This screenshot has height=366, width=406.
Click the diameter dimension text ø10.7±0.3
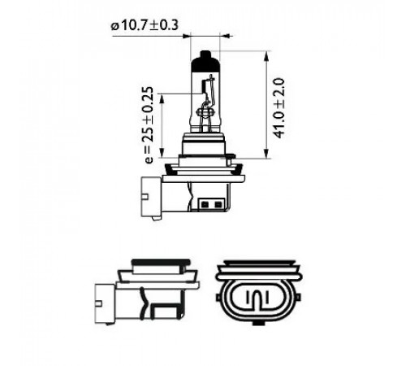(x=145, y=26)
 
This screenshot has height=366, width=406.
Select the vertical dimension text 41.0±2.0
(x=279, y=108)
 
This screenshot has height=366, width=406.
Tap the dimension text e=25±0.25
(x=149, y=125)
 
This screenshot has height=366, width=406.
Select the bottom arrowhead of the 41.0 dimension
(x=267, y=153)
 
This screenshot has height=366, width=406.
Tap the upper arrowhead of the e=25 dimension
(x=162, y=98)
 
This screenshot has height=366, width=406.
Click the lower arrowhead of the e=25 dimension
(x=162, y=152)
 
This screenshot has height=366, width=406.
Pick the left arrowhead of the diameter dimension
(x=187, y=36)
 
